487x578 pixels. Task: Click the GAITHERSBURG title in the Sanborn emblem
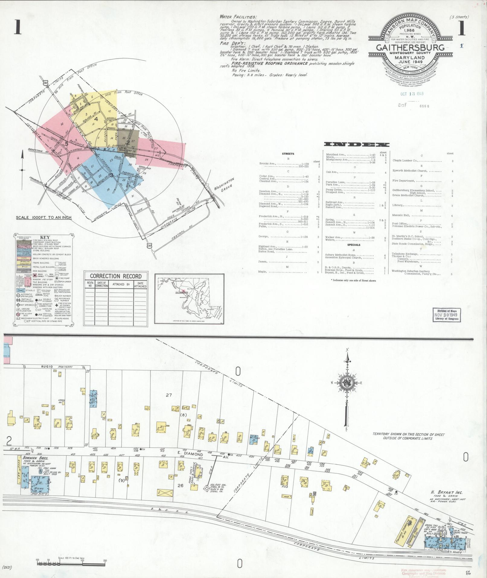click(406, 48)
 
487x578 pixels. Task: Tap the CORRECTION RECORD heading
click(116, 276)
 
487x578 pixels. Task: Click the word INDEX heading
click(356, 145)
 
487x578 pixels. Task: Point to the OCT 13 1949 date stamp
click(412, 94)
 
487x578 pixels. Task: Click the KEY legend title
click(44, 237)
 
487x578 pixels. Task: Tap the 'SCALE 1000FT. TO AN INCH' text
click(44, 217)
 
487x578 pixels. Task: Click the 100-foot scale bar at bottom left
click(71, 562)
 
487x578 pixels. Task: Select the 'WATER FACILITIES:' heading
click(239, 17)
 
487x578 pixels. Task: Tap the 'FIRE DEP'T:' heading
click(230, 43)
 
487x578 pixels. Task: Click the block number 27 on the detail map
click(168, 395)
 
